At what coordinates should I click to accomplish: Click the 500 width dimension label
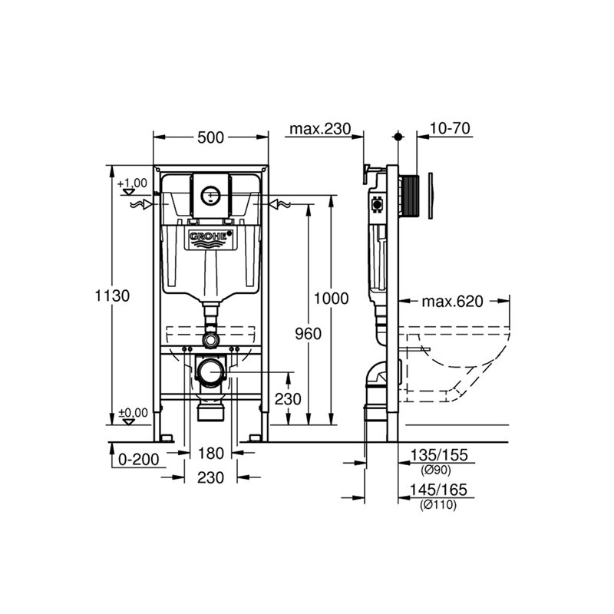click(210, 137)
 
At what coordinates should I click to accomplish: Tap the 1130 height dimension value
click(112, 295)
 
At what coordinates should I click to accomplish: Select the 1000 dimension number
click(331, 299)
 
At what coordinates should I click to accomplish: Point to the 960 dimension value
click(309, 334)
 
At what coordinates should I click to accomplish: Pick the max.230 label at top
click(320, 129)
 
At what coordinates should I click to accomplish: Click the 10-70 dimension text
click(450, 128)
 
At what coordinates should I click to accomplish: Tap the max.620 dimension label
click(452, 302)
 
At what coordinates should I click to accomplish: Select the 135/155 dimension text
click(439, 455)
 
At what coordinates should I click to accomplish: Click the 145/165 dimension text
click(438, 490)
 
